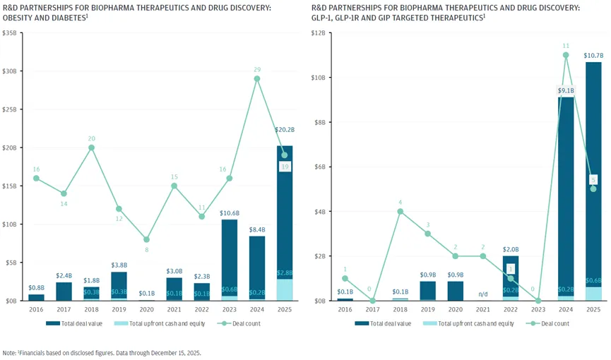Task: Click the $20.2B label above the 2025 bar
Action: (285, 131)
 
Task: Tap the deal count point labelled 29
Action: (256, 78)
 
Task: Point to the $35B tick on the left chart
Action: (11, 33)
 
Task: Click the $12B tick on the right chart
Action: (318, 33)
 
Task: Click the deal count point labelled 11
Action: (566, 55)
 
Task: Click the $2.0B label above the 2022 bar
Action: (510, 249)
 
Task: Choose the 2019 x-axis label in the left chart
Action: (119, 309)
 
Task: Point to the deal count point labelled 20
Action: (91, 148)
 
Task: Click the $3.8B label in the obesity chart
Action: (119, 265)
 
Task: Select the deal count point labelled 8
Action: (146, 239)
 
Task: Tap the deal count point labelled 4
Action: (400, 211)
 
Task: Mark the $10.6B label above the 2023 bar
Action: (229, 212)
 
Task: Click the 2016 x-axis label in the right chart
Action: (345, 309)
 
